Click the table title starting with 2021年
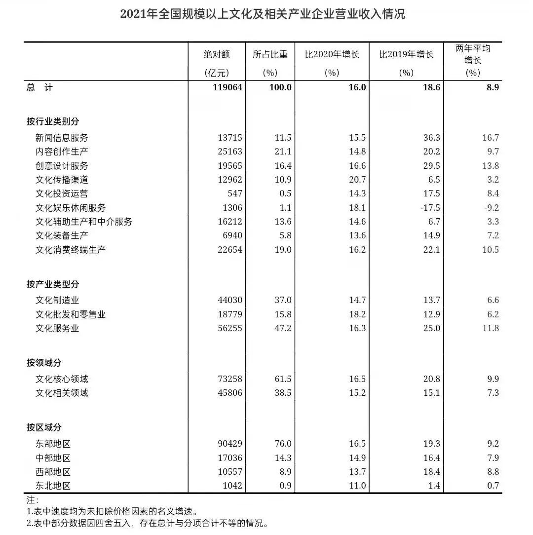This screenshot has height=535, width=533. pos(263,14)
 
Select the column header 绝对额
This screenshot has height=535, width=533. pos(217,54)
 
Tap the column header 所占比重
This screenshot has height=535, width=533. pos(270,54)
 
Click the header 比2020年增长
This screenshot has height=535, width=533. pos(332,54)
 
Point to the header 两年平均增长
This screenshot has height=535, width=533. pos(473,54)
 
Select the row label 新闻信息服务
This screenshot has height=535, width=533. pos(62,138)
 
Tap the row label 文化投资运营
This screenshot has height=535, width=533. pos(62,193)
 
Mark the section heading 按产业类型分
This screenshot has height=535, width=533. pos(53,284)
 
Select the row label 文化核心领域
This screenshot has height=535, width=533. pos(62,379)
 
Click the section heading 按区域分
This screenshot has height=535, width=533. pos(44,427)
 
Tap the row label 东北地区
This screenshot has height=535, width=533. pos(53,486)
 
